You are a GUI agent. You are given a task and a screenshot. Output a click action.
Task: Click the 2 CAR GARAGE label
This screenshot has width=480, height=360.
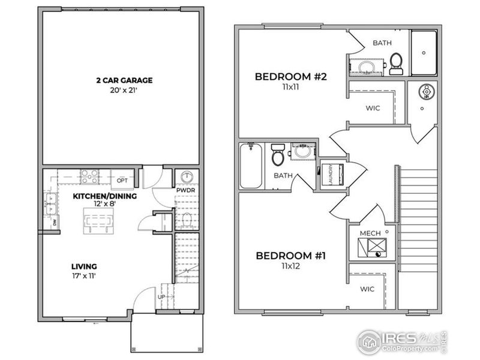click(124, 80)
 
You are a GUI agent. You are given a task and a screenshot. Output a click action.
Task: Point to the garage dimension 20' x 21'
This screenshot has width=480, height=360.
click(124, 91)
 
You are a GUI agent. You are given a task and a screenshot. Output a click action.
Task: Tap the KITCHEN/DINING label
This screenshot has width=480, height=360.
click(105, 196)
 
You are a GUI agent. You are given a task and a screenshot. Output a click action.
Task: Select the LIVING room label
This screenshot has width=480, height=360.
click(83, 266)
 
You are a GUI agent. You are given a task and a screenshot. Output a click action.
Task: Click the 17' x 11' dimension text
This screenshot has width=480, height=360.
click(83, 276)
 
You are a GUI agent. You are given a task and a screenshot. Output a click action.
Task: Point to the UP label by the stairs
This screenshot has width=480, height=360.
click(160, 297)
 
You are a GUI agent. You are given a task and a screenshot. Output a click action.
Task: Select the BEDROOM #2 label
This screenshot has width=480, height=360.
click(290, 77)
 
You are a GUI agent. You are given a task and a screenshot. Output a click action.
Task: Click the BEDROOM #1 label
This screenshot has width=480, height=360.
click(290, 256)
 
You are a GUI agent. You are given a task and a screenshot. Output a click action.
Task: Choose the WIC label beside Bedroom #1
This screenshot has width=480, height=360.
click(367, 289)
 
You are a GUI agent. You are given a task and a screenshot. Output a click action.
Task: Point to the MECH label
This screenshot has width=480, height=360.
click(368, 233)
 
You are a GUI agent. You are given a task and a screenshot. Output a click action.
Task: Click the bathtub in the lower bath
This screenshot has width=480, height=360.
click(250, 166)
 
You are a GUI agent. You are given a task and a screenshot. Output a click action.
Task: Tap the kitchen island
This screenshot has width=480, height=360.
click(97, 223)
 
